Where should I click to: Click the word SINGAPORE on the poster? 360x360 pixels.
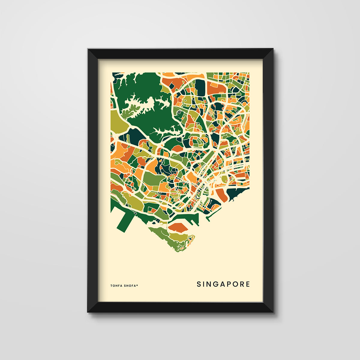point(223,284)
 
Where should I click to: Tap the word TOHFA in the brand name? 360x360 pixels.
point(116,286)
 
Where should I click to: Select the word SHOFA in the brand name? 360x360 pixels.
point(130,286)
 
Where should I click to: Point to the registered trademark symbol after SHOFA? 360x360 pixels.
point(137,285)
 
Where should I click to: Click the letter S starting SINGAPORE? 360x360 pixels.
point(199,284)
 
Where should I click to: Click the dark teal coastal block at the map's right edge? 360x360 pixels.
point(237,193)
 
